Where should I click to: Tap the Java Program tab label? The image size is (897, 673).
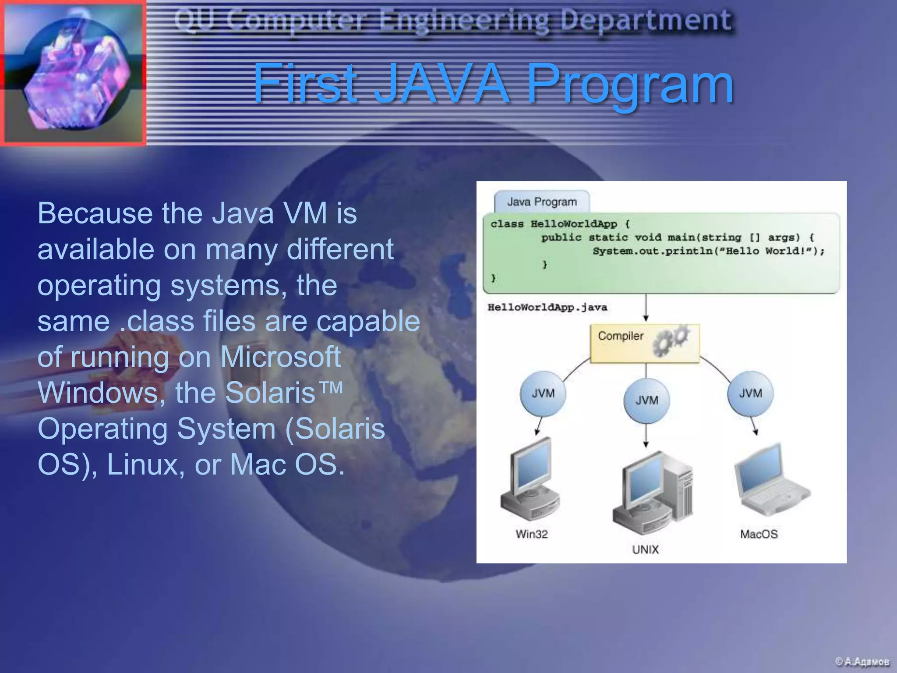point(542,202)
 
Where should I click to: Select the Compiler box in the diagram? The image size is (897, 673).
point(644,343)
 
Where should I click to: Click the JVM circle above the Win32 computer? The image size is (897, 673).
point(543,393)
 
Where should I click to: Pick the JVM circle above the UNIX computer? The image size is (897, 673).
point(647,400)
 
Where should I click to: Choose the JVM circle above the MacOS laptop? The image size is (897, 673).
point(750,393)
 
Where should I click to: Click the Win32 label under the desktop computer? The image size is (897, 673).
point(531,534)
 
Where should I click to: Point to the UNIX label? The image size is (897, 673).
point(645,549)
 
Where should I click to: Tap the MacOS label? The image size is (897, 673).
point(759,534)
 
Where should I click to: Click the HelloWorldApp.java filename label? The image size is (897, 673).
point(547,307)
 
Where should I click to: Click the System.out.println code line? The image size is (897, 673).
point(708,251)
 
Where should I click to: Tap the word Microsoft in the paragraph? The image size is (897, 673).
point(280,357)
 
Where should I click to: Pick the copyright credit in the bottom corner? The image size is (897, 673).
point(862,661)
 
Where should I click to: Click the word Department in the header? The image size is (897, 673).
point(646,20)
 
